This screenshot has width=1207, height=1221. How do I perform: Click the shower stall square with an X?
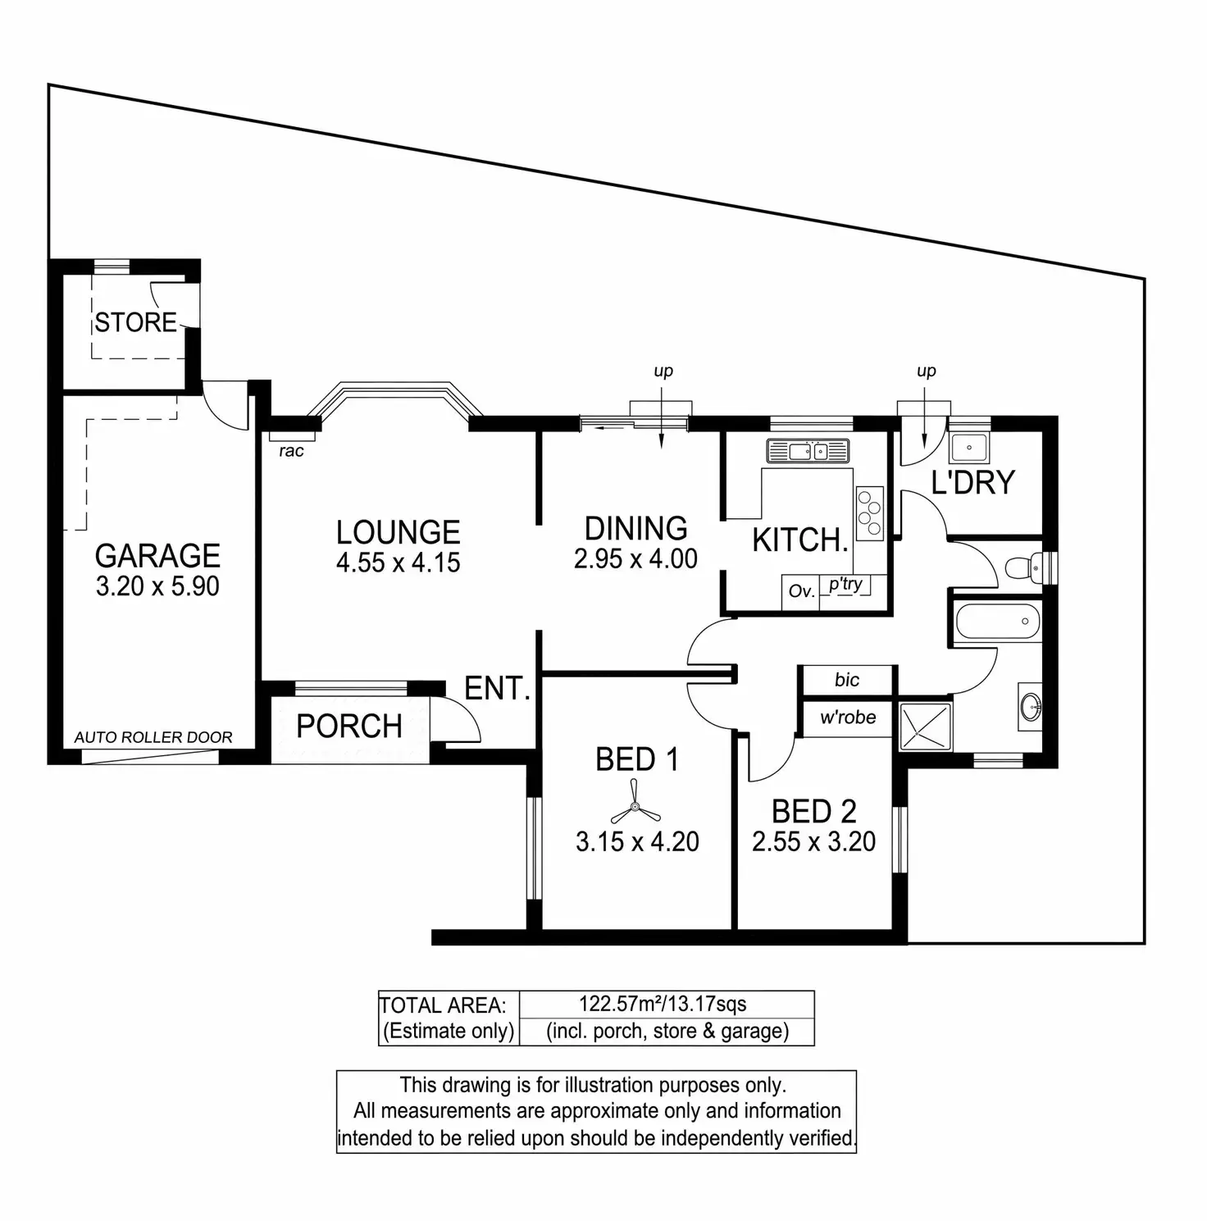coord(926,726)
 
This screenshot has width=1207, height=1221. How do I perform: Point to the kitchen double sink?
coord(807,450)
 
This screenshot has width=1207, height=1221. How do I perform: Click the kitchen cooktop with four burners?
coord(869,512)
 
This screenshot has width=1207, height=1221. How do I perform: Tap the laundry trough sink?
coord(969,448)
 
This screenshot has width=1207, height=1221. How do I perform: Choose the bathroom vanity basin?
coord(1030,704)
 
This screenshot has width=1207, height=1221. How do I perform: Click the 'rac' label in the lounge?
coord(291,451)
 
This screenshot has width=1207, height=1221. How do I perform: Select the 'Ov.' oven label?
coord(800,590)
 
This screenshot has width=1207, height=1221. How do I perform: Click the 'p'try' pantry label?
coord(845,584)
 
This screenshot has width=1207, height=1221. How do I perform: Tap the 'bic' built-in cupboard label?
coord(847,680)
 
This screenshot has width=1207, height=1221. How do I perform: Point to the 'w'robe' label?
coord(848,718)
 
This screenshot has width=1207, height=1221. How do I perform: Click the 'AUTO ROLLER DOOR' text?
coord(153,737)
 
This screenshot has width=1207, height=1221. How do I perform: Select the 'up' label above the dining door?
coord(663,371)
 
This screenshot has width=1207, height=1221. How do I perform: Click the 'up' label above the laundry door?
coord(927,371)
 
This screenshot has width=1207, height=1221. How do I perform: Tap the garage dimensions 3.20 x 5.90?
coord(157,586)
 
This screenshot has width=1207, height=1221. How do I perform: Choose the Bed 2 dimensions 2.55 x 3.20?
coord(813,841)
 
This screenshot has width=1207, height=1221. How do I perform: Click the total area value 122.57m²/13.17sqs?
coord(663,1004)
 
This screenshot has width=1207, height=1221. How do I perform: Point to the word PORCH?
coord(349,726)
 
